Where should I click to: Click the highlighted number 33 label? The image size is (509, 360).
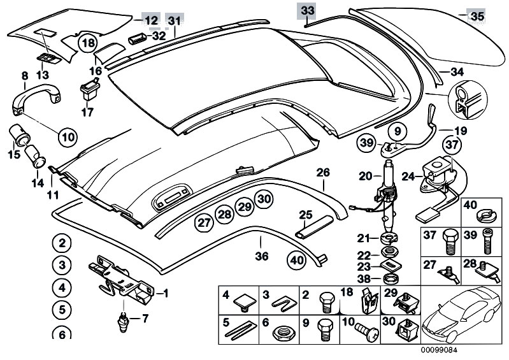pos(307,11)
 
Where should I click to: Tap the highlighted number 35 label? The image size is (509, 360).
pos(476,17)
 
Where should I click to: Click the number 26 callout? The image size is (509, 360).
pos(323,172)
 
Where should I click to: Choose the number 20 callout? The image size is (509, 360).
pos(364,176)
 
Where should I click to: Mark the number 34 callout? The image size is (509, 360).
pos(457,71)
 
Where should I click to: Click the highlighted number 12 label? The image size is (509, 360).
pos(150,20)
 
